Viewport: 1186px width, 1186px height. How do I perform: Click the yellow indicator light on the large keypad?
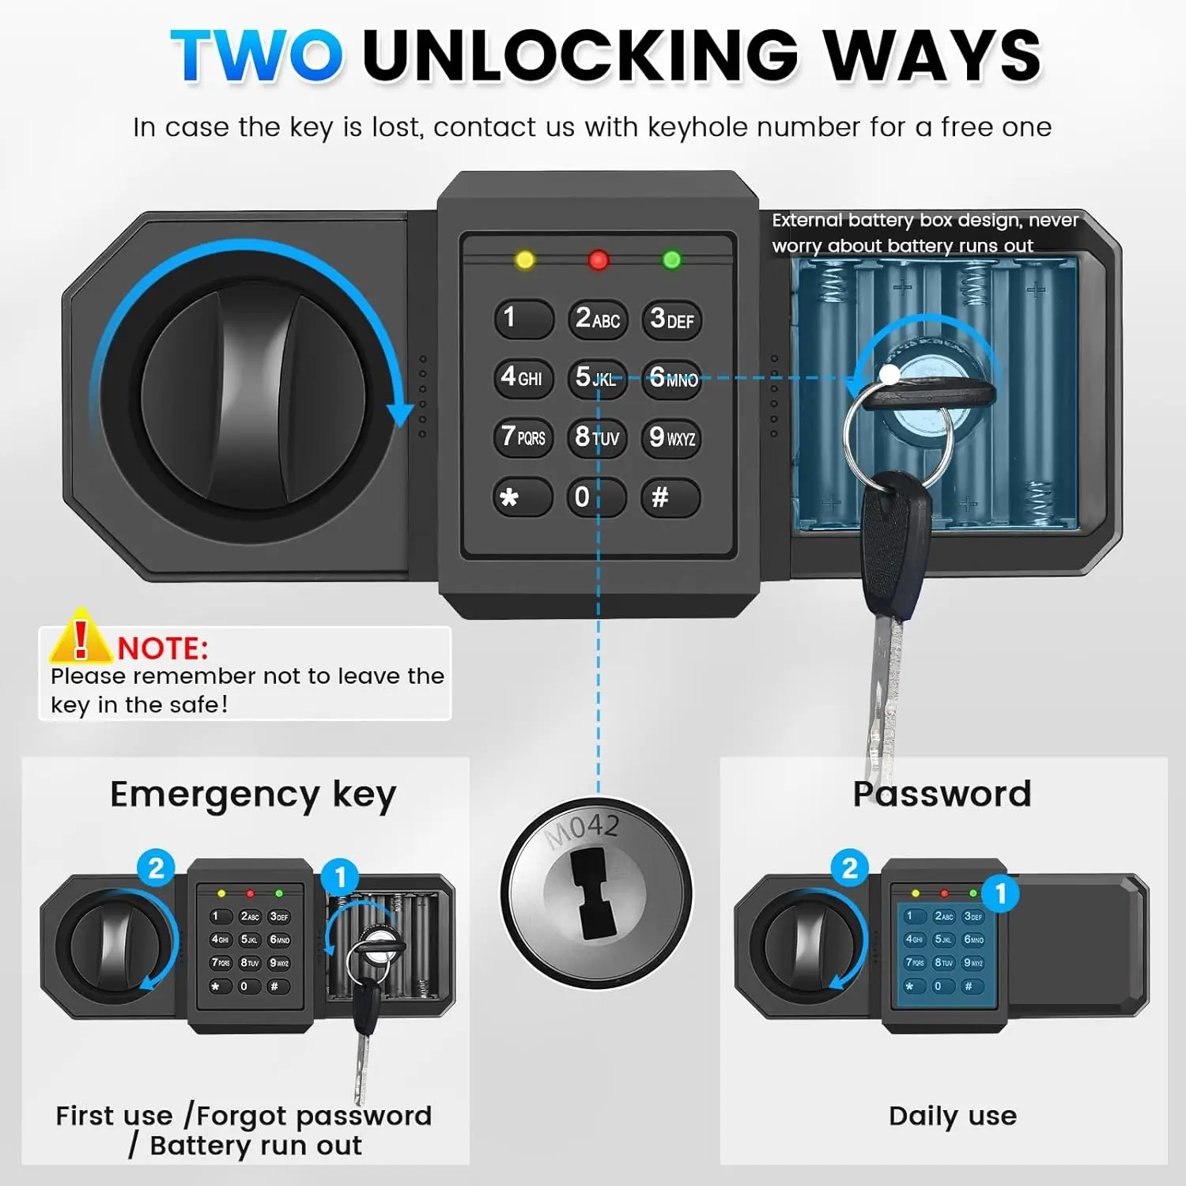tap(524, 259)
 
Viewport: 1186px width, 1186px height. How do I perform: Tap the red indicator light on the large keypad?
tap(599, 259)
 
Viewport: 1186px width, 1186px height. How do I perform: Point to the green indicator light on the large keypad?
tap(672, 259)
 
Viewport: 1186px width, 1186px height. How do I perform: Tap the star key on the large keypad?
tap(523, 497)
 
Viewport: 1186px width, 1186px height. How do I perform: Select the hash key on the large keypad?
tap(670, 497)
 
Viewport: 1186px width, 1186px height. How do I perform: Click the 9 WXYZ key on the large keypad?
tap(670, 437)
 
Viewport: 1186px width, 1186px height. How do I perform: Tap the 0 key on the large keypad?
tap(596, 497)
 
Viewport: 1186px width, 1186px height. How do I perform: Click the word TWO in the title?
tap(257, 55)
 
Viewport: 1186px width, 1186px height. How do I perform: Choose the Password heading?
tap(942, 794)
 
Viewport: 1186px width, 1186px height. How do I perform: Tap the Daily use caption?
tap(953, 1116)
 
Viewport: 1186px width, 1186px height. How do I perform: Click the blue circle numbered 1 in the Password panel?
tap(1001, 893)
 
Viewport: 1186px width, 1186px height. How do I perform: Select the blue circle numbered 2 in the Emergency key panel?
tap(156, 868)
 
